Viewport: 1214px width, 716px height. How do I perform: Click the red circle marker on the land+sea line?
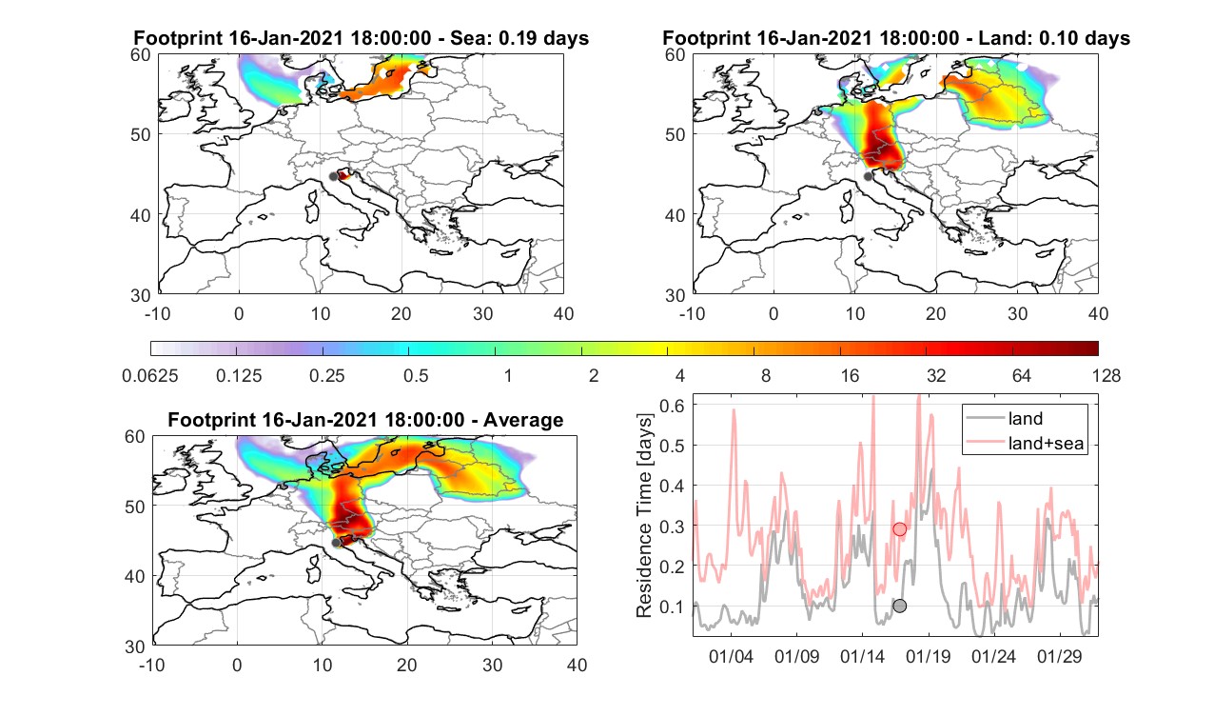point(900,528)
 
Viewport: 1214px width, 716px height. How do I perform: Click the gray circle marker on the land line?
point(900,606)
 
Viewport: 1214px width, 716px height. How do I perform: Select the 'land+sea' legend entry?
point(1026,443)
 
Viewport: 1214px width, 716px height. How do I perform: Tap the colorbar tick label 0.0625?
point(150,376)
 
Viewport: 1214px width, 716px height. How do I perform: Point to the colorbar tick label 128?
point(1106,376)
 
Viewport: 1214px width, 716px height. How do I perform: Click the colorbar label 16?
point(850,376)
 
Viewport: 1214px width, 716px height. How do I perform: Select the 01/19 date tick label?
point(929,656)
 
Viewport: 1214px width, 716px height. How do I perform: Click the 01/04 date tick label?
point(731,656)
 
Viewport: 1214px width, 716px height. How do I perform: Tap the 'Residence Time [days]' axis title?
point(644,516)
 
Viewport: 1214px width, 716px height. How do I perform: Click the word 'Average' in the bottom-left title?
point(523,420)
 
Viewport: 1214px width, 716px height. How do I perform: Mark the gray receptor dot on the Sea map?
point(333,177)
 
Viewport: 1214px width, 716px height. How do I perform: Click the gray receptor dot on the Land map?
point(868,176)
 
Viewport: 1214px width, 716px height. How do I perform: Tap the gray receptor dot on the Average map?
point(336,543)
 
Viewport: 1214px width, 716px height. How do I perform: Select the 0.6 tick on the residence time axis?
point(672,406)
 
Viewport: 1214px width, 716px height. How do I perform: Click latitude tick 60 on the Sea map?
point(141,55)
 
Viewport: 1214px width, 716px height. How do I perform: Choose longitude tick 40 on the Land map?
point(1098,313)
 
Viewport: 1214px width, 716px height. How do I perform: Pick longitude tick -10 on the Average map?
point(152,665)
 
